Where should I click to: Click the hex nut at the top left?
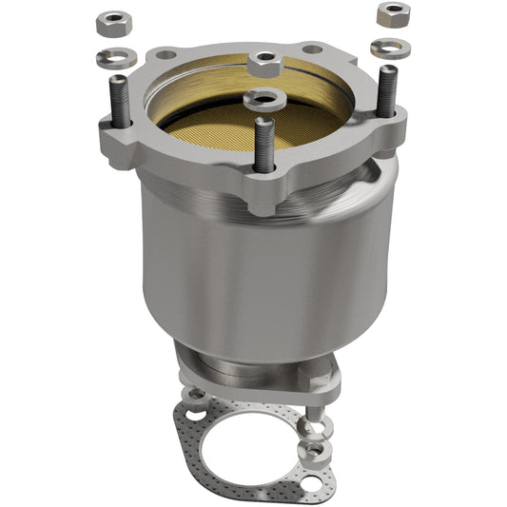pos(115,22)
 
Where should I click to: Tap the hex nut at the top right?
pos(392,14)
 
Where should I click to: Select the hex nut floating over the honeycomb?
pos(264,65)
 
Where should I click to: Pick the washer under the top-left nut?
pos(116,57)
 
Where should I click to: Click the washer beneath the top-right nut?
pos(390,49)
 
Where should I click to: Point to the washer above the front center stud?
pos(263,98)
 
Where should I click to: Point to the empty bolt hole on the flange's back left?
pos(166,54)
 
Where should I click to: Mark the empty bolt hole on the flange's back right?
pos(311,49)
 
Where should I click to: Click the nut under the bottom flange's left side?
pos(195,393)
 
